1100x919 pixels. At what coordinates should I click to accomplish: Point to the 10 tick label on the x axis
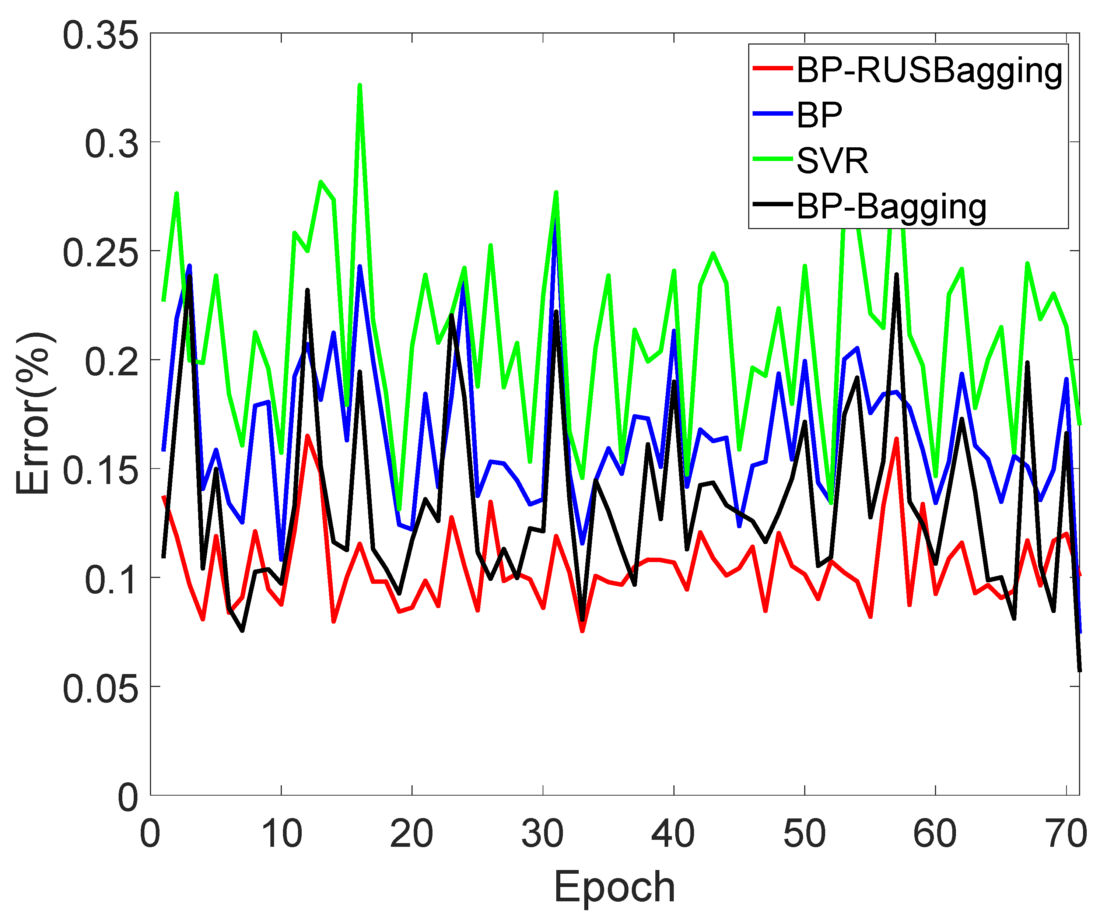pyautogui.click(x=281, y=834)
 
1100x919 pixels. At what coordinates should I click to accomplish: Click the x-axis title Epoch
pyautogui.click(x=614, y=887)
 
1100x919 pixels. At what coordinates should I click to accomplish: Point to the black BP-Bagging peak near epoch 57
pyautogui.click(x=896, y=274)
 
